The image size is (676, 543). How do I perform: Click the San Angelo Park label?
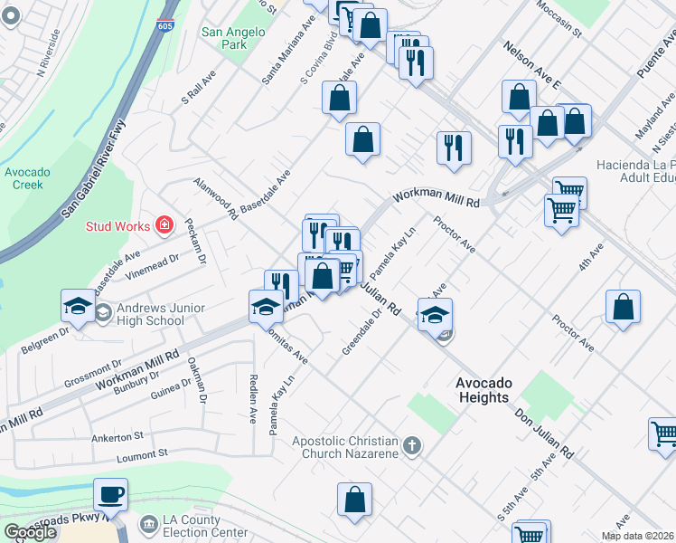coord(232,37)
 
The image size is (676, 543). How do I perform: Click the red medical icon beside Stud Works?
coord(164,224)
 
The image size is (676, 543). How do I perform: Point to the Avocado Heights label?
coord(483,389)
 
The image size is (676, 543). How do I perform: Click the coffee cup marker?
coord(110,495)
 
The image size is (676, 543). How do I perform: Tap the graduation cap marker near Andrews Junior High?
coord(79,307)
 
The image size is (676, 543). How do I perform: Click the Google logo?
coord(30,532)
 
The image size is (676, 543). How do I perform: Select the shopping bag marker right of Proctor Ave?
coord(624,307)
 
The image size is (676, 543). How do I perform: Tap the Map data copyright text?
coord(637,536)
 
